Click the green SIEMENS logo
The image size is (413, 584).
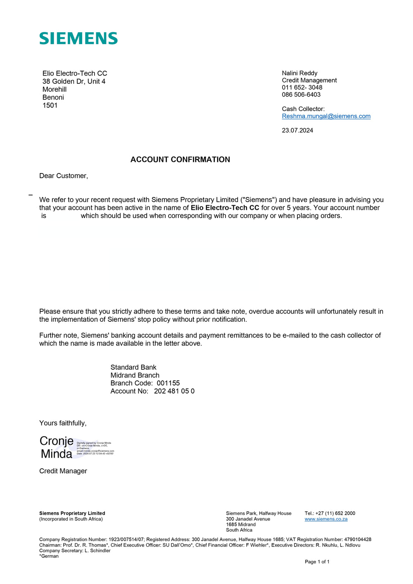[78, 38]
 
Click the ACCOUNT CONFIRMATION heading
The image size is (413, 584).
[180, 159]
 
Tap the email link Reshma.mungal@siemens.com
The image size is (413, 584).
[326, 116]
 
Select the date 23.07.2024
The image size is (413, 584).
[297, 131]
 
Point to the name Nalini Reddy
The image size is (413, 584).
[299, 73]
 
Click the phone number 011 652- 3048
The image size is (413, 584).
[302, 88]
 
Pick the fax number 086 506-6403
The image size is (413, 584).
[301, 95]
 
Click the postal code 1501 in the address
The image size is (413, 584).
[50, 105]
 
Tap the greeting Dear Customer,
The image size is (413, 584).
[64, 176]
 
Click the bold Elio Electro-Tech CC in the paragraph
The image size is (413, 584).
[225, 208]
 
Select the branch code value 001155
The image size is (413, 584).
[168, 383]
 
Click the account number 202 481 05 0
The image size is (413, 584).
[174, 391]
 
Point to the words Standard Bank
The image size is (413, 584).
[133, 367]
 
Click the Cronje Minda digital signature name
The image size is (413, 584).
[57, 447]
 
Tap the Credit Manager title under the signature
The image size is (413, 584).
[63, 471]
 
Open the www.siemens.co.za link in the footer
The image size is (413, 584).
[326, 519]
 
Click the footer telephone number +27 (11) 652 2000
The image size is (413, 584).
[335, 513]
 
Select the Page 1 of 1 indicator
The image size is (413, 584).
[317, 562]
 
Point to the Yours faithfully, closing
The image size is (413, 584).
[63, 423]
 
